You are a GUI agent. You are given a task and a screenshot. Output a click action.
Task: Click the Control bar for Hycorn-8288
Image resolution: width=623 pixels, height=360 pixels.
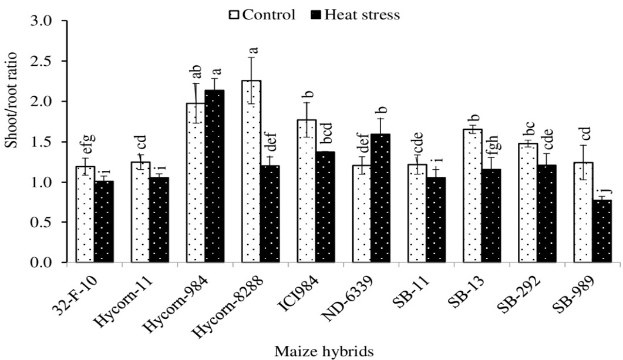251,171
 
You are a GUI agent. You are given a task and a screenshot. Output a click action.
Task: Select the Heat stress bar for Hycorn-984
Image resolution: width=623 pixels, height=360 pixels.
214,176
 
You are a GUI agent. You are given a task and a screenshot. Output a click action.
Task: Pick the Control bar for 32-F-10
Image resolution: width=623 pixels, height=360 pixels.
85,214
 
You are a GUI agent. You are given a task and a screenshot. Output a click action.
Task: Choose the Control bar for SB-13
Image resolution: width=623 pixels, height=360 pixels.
473,196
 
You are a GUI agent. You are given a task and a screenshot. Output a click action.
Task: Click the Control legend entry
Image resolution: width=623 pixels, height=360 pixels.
262,15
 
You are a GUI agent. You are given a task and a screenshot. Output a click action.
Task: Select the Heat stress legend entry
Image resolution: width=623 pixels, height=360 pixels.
355,15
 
